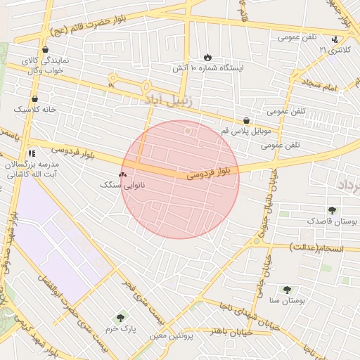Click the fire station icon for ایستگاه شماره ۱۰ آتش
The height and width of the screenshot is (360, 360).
pyautogui.click(x=207, y=57)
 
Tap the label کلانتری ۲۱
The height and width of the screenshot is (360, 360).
pyautogui.click(x=333, y=51)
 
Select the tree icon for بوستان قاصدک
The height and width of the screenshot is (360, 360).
pyautogui.click(x=332, y=210)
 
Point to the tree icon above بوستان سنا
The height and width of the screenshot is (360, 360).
pyautogui.click(x=286, y=289)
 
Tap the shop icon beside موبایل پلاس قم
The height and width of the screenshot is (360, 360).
pyautogui.click(x=245, y=120)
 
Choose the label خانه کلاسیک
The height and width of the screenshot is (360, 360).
pyautogui.click(x=34, y=110)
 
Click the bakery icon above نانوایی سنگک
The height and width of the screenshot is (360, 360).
pyautogui.click(x=122, y=174)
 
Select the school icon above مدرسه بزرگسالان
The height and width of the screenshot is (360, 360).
pyautogui.click(x=32, y=153)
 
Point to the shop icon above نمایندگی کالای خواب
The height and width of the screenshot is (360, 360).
pyautogui.click(x=46, y=50)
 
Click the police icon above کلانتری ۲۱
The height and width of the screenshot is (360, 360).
pyautogui.click(x=335, y=39)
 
